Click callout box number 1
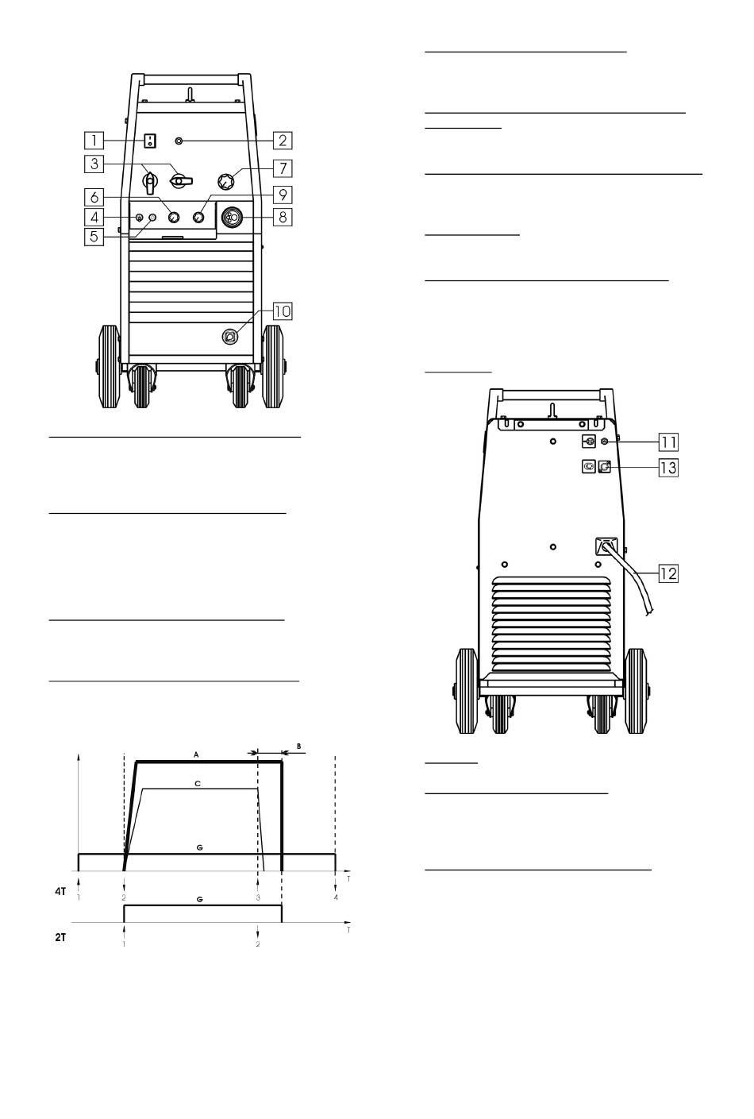coord(94,141)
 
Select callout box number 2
coord(283,141)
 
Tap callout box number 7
coord(283,168)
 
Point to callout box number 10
coord(283,311)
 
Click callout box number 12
coord(668,573)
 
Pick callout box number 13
coord(668,468)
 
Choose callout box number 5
coord(94,237)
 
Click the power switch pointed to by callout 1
coord(149,141)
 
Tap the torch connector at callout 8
coord(232,218)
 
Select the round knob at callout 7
coord(226,181)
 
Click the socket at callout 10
coord(229,337)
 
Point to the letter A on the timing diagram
coord(196,754)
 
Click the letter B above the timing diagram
coord(298,747)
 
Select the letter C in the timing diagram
coord(198,784)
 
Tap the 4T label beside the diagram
coord(60,891)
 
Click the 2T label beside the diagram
coord(60,938)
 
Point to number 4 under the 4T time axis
coord(336,897)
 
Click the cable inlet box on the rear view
coord(606,546)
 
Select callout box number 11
coord(668,442)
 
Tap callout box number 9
coord(283,195)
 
